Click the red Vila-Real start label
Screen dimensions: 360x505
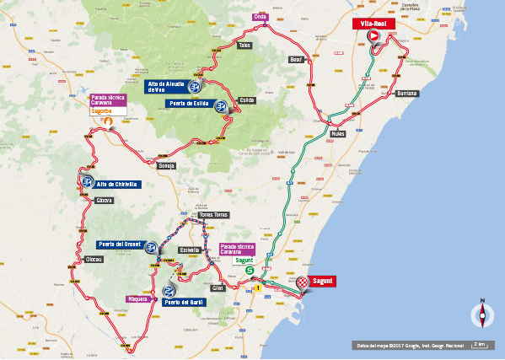click(x=373, y=24)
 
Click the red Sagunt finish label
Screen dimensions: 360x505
click(x=324, y=281)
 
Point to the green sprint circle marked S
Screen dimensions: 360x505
click(x=238, y=270)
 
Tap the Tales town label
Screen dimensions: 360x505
click(x=244, y=46)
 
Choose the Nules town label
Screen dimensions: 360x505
click(x=338, y=134)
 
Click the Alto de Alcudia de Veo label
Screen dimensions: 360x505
click(x=165, y=87)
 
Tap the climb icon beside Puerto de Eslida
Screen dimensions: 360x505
click(x=221, y=106)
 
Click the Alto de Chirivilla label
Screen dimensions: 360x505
click(x=116, y=184)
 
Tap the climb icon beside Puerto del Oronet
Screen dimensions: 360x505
click(x=151, y=247)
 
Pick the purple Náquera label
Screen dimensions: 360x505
click(x=137, y=298)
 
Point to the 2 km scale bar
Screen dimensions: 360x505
click(x=479, y=344)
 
